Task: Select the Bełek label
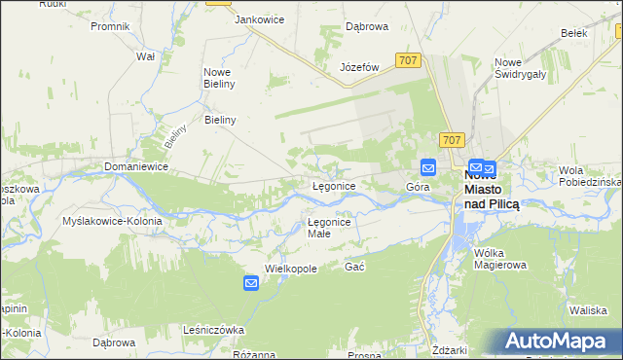pos(575,32)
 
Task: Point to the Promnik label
pos(110,25)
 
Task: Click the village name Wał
pos(146,56)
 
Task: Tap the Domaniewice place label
pos(136,167)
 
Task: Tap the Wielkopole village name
pos(292,268)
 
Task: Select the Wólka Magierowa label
pos(498,258)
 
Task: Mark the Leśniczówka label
pos(213,330)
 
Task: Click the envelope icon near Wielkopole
pos(250,283)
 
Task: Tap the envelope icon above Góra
pos(427,167)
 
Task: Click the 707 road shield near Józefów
pos(409,60)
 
